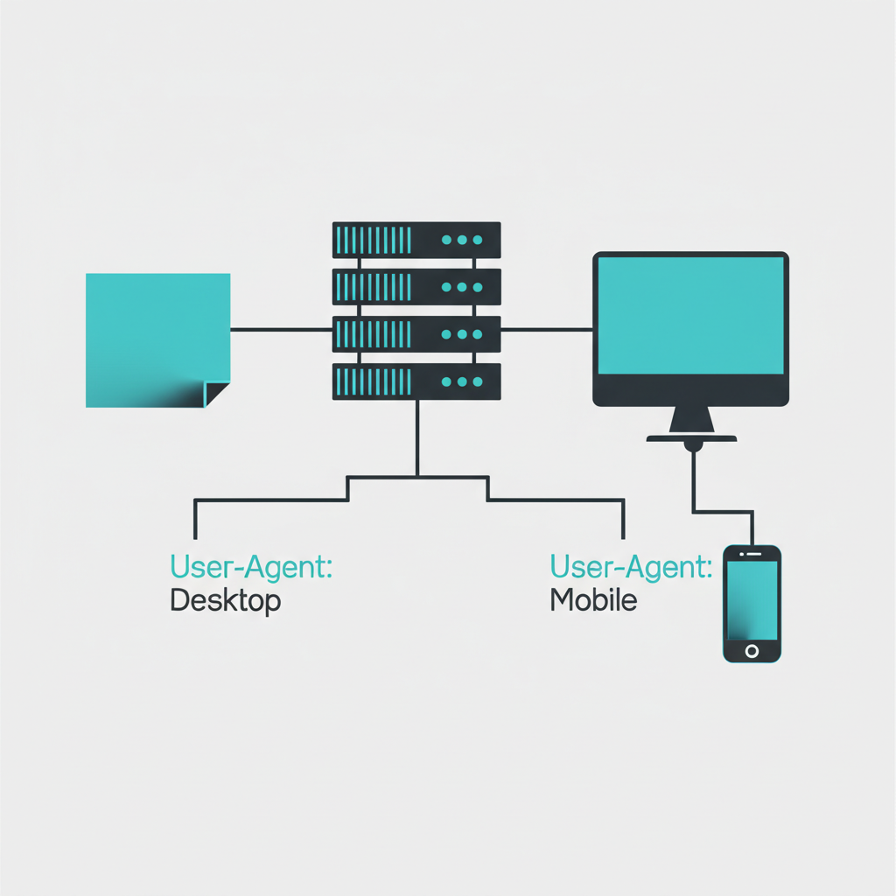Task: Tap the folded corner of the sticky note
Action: click(215, 393)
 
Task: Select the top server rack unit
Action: click(416, 240)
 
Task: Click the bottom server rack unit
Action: click(416, 381)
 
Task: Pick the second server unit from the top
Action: click(416, 287)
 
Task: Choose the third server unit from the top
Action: click(416, 334)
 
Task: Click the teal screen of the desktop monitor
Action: click(690, 316)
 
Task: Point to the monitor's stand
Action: click(691, 424)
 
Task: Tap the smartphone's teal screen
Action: click(752, 600)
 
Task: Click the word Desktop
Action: click(226, 601)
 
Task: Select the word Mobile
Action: click(593, 601)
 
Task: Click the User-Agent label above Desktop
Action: click(251, 567)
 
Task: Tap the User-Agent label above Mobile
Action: click(630, 567)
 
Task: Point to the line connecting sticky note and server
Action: click(281, 330)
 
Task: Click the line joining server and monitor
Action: click(547, 330)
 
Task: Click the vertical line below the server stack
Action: click(417, 437)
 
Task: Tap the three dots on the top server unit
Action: click(462, 240)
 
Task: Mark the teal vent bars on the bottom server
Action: click(374, 381)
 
